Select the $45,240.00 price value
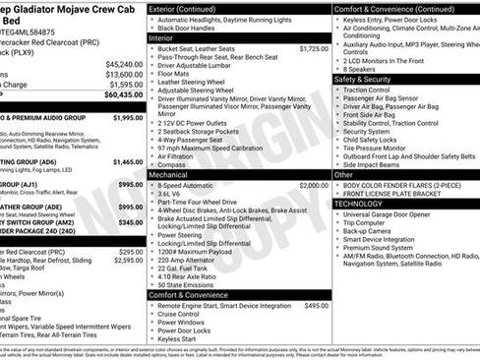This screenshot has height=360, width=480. click(124, 64)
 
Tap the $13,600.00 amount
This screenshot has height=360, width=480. click(124, 75)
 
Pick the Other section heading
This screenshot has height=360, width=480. click(343, 174)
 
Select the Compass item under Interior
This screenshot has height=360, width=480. click(173, 165)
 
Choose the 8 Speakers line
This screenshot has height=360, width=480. click(363, 69)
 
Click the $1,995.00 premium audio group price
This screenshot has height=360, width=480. click(128, 118)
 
